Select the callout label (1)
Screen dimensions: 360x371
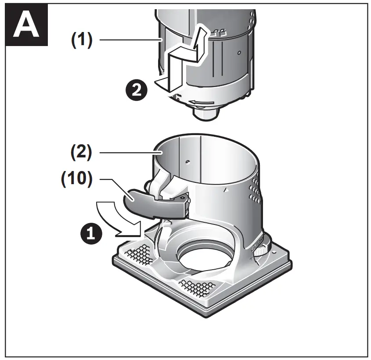click(x=82, y=40)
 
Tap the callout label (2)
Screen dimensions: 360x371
click(x=82, y=153)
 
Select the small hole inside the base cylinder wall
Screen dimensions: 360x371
click(x=187, y=162)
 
